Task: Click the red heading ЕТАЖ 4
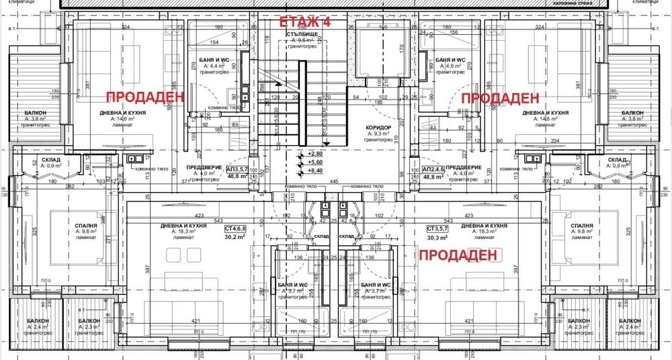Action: click(305, 21)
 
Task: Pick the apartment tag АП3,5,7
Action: click(241, 169)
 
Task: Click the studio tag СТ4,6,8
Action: click(237, 228)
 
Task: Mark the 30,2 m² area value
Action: click(236, 236)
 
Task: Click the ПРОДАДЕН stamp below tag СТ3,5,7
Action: click(459, 255)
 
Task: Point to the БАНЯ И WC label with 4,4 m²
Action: click(215, 60)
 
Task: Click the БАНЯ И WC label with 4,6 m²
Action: click(452, 60)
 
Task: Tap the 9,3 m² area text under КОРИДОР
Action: click(380, 134)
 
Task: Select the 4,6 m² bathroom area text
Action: click(452, 66)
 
